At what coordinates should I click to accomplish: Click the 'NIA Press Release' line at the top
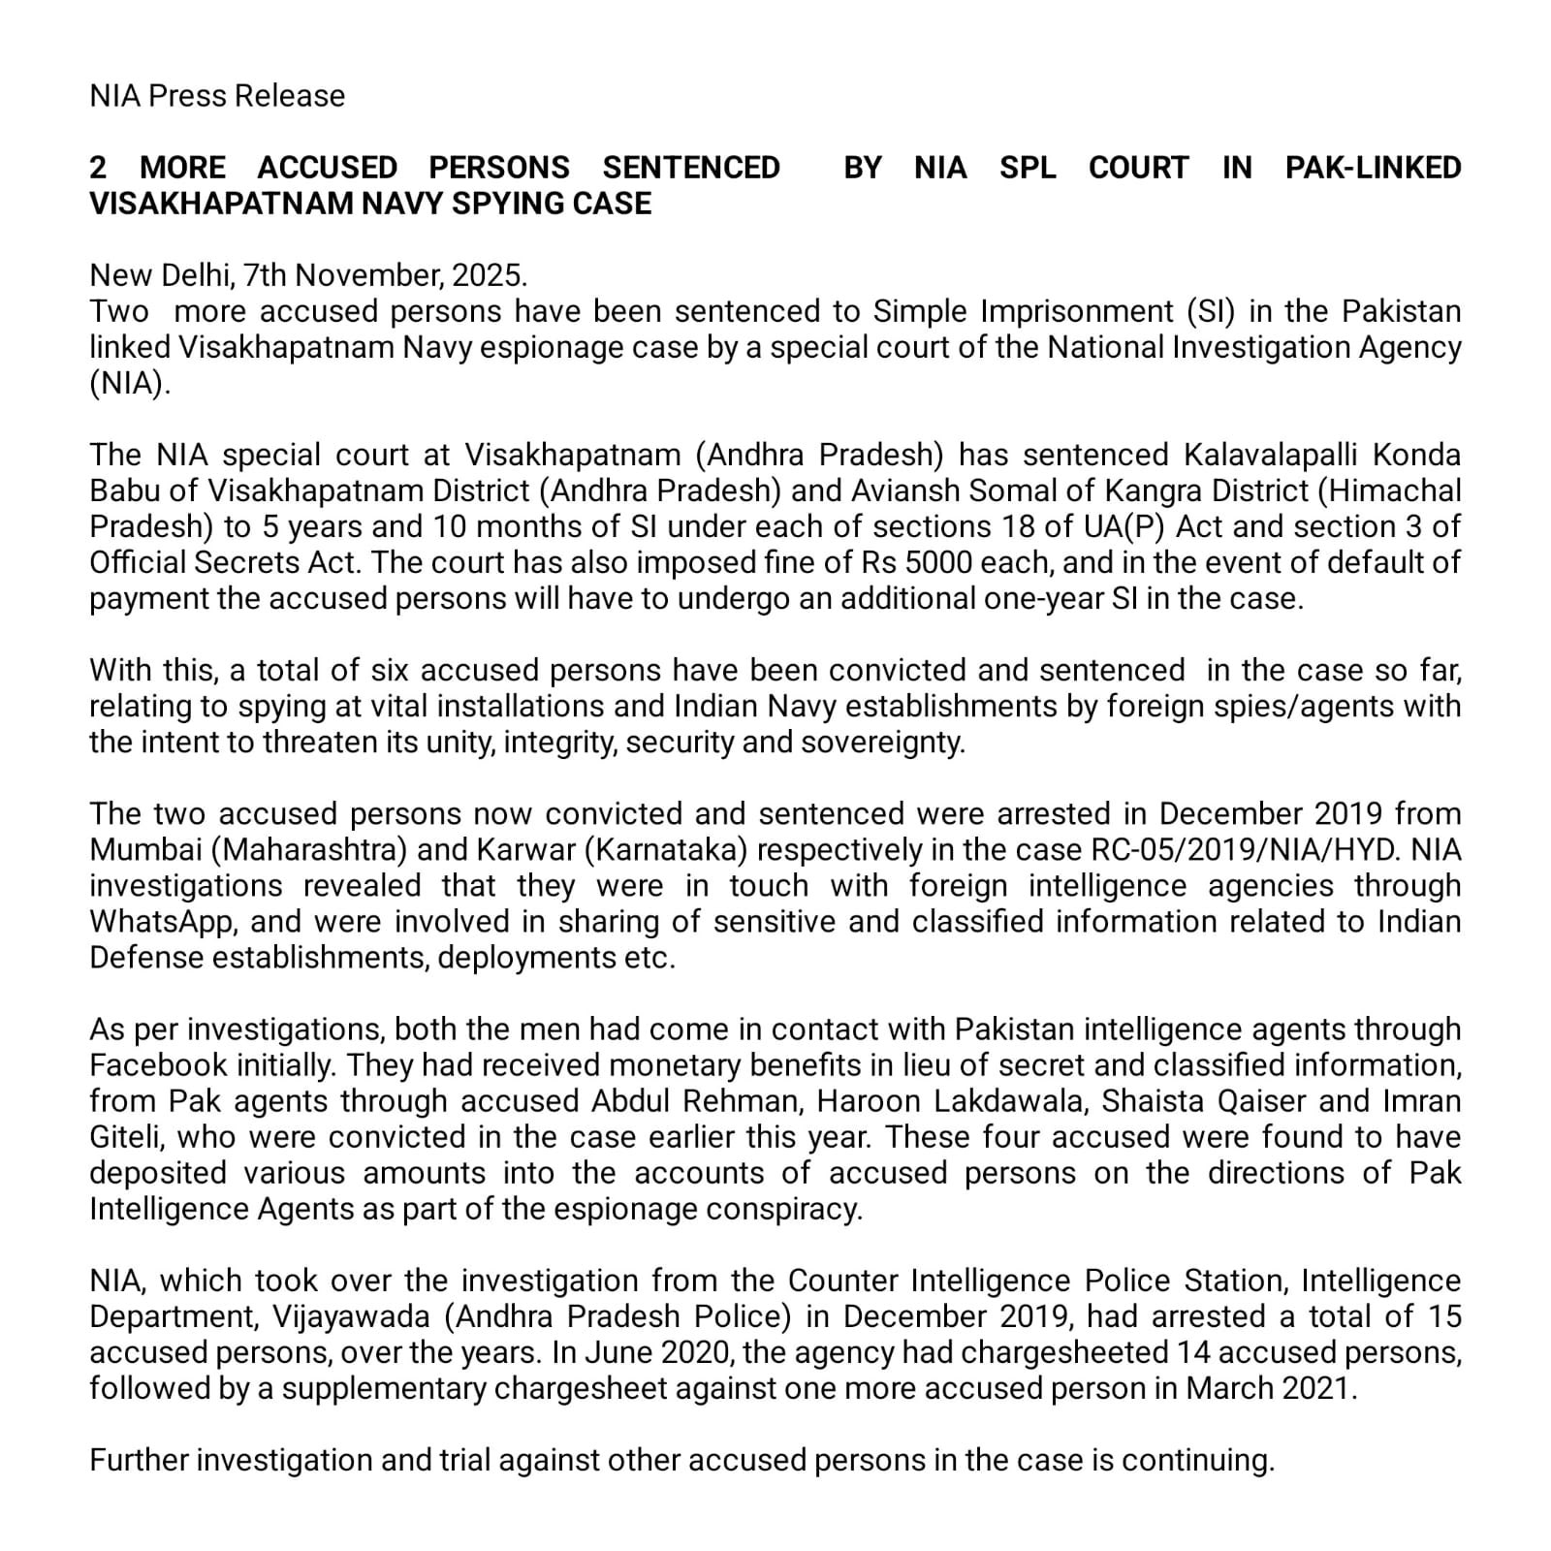[x=217, y=96]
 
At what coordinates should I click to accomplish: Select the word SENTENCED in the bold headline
[x=691, y=168]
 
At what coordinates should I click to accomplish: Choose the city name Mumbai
[x=144, y=849]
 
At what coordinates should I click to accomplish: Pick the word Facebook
[x=158, y=1064]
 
